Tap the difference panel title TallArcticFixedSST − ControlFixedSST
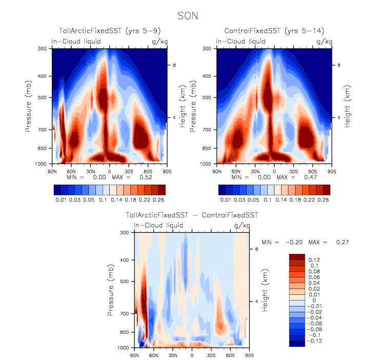[192, 216]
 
